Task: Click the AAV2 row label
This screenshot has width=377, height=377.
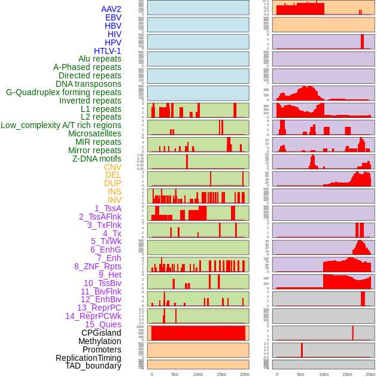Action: click(111, 9)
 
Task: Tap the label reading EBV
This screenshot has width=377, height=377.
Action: click(113, 17)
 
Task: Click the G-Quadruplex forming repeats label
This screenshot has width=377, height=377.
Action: click(63, 92)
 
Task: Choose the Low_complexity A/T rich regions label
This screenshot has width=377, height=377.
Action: click(61, 125)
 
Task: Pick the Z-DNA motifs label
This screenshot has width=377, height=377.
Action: click(96, 159)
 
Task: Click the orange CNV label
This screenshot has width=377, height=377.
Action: click(113, 167)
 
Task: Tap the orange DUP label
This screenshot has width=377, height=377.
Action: click(113, 183)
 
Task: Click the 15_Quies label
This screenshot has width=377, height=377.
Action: click(103, 324)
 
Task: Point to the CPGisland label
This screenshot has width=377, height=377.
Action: click(101, 333)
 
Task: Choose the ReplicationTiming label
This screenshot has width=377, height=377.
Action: click(89, 358)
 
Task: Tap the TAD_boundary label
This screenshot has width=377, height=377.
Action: click(93, 366)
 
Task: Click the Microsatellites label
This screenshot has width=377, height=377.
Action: click(95, 133)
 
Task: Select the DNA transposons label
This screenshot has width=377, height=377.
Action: click(89, 84)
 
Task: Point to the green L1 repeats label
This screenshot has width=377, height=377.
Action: click(101, 109)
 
